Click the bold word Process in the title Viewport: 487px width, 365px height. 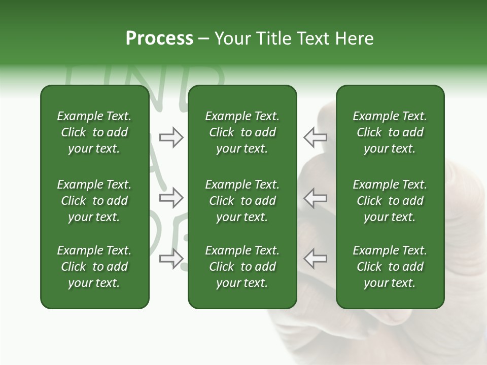[x=159, y=39]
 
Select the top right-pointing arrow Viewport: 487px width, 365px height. [x=171, y=137]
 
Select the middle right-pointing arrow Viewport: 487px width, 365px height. [x=171, y=198]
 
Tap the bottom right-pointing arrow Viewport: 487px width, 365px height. [x=171, y=259]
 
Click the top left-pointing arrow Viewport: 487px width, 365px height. [x=315, y=137]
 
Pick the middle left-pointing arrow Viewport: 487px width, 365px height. [x=315, y=198]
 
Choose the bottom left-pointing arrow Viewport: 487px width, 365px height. [x=315, y=259]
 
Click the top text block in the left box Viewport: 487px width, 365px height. [x=94, y=132]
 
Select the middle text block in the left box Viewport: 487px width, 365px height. [x=94, y=201]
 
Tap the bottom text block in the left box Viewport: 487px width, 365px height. [x=94, y=267]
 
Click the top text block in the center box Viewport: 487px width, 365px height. [x=242, y=132]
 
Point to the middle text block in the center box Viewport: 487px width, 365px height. [x=242, y=201]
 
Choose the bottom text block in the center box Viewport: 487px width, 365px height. [x=242, y=267]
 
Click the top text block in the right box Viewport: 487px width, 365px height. [x=390, y=132]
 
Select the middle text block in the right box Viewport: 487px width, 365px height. [x=390, y=201]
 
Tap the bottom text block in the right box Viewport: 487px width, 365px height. [x=390, y=267]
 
